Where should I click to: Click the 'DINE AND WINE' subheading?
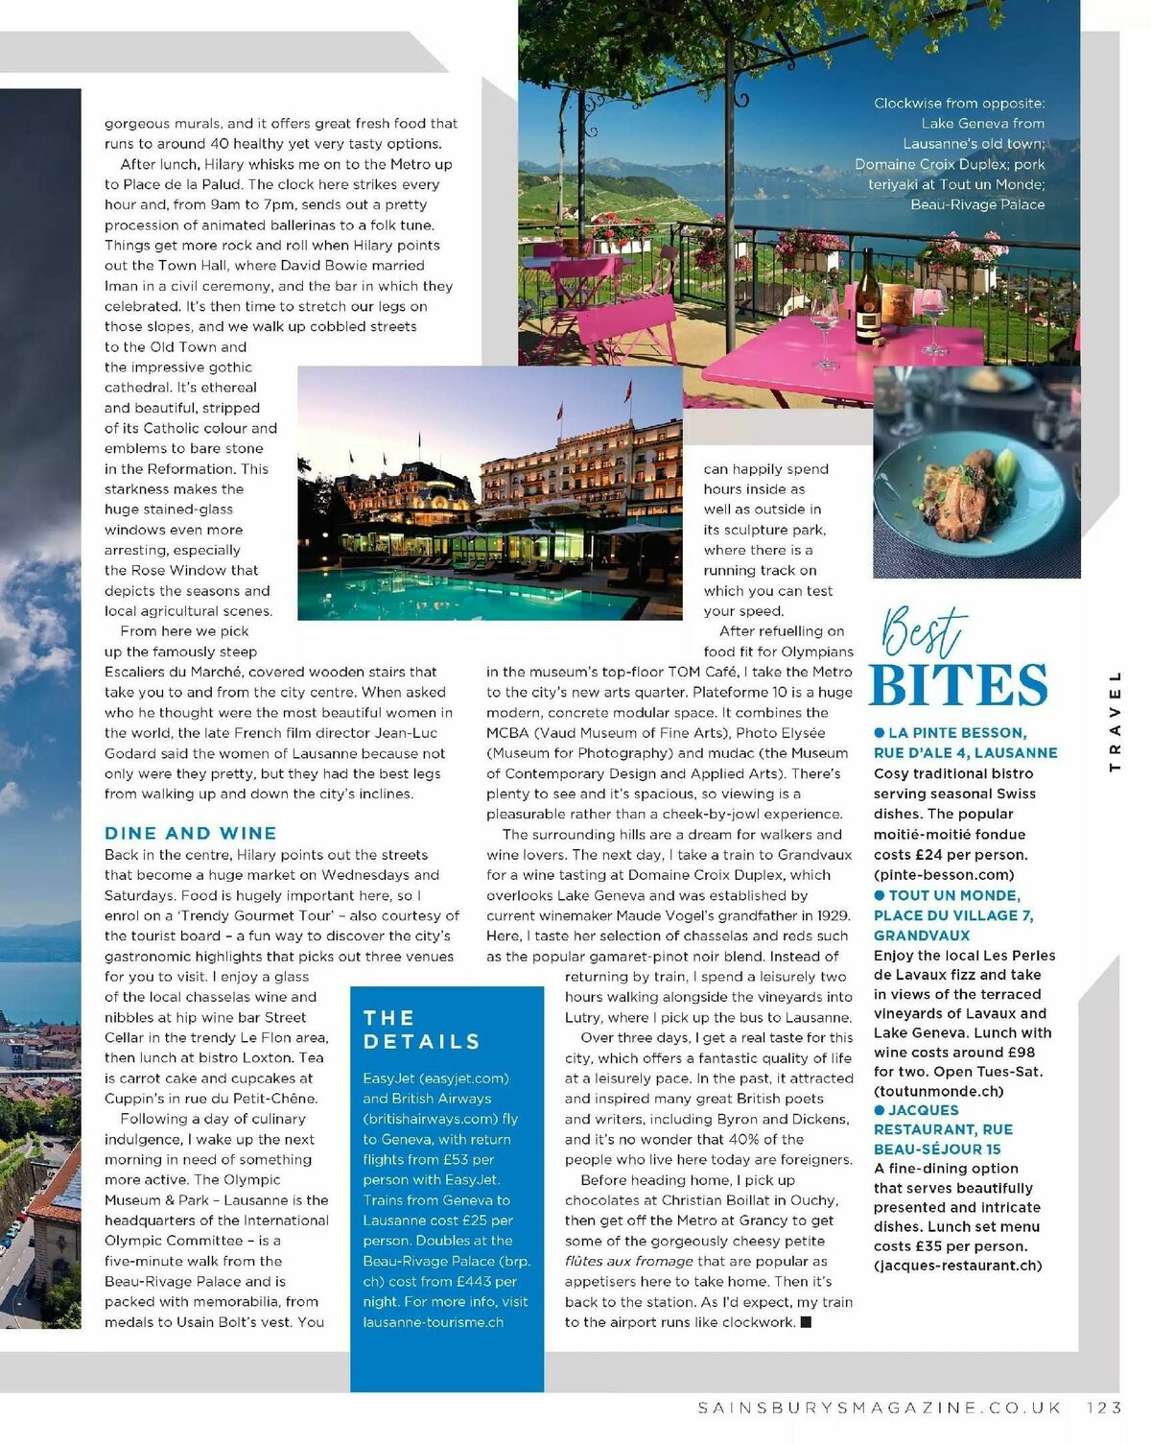pos(191,833)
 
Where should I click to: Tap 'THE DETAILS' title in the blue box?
pos(421,1030)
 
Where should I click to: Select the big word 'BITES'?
pos(958,684)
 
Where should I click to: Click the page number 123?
pos(1104,1408)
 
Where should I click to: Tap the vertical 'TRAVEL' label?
pos(1115,721)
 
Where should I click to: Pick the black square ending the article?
pos(806,1322)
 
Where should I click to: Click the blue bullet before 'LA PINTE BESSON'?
pos(879,733)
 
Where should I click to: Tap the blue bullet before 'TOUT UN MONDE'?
pos(879,895)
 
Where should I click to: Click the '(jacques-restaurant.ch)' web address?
pos(957,1266)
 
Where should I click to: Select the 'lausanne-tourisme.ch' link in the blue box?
pos(433,1322)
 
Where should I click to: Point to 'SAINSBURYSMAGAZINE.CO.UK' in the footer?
pos(880,1408)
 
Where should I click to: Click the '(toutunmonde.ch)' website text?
pos(938,1091)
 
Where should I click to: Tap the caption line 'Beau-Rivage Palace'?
pos(977,204)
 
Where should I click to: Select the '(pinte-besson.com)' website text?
pos(944,874)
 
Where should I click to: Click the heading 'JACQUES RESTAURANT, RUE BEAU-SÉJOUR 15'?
pos(943,1129)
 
